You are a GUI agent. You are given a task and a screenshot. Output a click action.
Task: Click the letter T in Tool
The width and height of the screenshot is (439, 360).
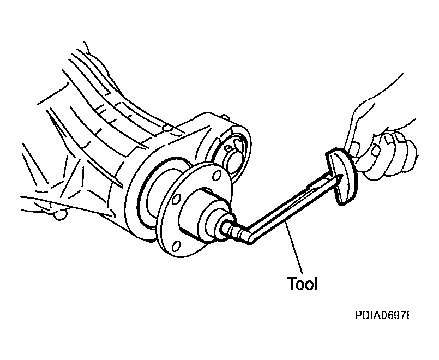coord(291,284)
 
